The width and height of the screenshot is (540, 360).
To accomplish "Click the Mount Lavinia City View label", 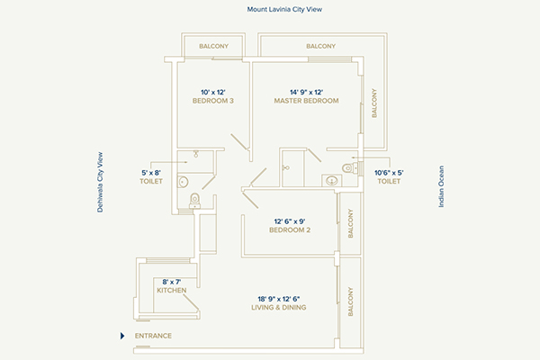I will [284, 8].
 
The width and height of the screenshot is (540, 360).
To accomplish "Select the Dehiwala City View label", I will [101, 181].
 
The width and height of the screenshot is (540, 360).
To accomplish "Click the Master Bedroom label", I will [306, 101].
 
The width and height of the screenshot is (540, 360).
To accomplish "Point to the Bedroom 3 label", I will [213, 101].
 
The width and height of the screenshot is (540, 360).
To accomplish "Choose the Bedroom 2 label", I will [290, 230].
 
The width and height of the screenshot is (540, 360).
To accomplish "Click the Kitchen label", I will [172, 291].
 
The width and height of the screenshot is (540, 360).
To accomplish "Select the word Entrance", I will [153, 337].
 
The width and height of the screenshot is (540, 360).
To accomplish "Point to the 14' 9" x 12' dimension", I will [306, 91].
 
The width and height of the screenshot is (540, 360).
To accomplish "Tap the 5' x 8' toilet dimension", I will [150, 172].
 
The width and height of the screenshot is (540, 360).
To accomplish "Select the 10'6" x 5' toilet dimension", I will [389, 172].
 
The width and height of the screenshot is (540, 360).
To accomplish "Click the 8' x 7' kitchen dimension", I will [172, 281].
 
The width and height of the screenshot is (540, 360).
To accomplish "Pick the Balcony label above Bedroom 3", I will [214, 46].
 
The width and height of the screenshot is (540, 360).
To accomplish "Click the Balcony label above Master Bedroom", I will [320, 46].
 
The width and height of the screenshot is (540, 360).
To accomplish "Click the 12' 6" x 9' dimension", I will [290, 220].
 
